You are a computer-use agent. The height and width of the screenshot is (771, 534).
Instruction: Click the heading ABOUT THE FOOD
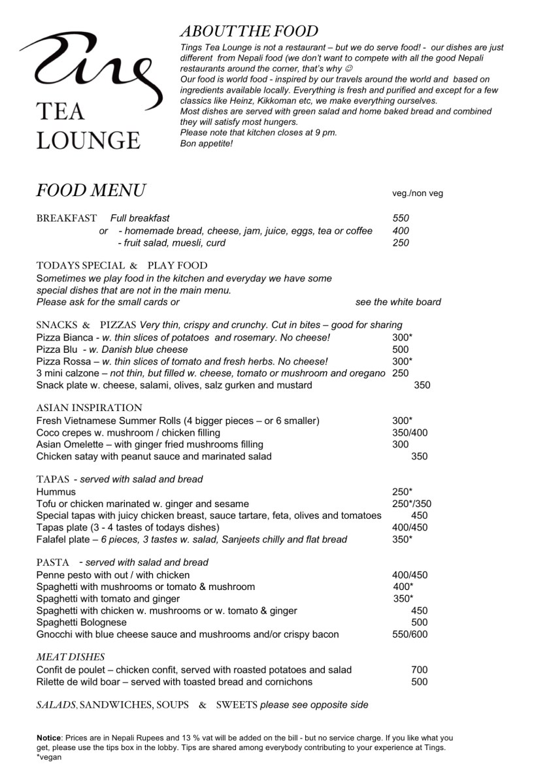(249, 31)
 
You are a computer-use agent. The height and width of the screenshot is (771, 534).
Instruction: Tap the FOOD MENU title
(91, 191)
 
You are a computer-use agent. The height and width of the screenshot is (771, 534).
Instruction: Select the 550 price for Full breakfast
(401, 218)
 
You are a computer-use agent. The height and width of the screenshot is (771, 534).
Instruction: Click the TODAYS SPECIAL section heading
(80, 266)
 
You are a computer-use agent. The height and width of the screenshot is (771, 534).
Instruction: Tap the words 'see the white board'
(398, 302)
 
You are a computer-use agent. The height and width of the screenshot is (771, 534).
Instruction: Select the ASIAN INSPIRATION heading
(90, 408)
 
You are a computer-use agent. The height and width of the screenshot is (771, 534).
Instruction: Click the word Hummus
(56, 491)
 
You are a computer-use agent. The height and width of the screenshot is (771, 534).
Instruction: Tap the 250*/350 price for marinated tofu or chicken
(412, 504)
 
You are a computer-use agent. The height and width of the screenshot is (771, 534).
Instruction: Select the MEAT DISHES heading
(71, 657)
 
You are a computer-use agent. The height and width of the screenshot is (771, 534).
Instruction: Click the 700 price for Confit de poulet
(419, 670)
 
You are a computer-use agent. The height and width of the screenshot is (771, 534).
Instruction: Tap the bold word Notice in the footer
(50, 738)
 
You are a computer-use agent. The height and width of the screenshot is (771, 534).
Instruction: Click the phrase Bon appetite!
(207, 143)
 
